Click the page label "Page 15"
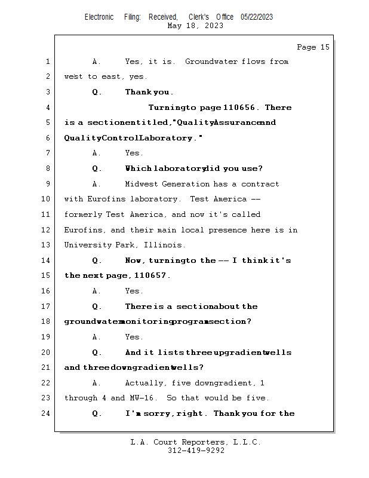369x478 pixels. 313,47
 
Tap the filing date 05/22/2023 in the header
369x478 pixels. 257,17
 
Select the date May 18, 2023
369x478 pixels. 195,26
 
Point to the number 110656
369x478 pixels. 239,108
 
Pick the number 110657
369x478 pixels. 150,275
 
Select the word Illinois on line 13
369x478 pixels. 163,245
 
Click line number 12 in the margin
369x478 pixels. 45,230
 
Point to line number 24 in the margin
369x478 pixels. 45,413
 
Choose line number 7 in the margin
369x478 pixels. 48,153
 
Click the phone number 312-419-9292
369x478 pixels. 196,451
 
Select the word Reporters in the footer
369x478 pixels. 203,442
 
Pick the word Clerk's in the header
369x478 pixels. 199,17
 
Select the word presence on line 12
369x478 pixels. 227,230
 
